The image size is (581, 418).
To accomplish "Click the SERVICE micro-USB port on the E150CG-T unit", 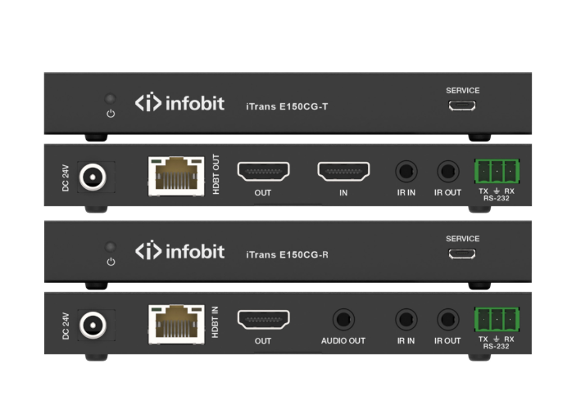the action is tap(462, 106).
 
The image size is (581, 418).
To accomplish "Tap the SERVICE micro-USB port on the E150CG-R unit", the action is tap(462, 254).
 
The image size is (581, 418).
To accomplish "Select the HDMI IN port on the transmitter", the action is tap(343, 171).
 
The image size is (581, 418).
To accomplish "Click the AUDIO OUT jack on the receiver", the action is tap(343, 319).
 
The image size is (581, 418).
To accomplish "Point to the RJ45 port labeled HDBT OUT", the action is tap(176, 176).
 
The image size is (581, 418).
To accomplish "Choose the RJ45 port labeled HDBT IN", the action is tap(176, 325).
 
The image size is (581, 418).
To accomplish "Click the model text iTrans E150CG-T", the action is tap(287, 107).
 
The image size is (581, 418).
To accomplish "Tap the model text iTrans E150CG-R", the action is tap(287, 255).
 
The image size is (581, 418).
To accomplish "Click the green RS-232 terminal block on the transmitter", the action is tap(497, 171).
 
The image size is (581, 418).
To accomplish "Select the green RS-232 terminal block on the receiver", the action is tap(497, 319).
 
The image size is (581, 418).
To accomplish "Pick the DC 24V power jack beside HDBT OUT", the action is tap(93, 177).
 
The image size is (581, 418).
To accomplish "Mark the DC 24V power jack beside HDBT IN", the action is tap(93, 325).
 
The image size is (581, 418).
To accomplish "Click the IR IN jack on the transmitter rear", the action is tap(406, 171).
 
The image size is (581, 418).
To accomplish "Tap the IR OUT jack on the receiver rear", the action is tap(447, 319).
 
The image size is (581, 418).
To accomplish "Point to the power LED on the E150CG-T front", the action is tap(111, 99).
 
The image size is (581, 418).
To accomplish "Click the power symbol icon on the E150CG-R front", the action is tap(111, 262).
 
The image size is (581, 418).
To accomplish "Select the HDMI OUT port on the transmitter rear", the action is tap(263, 171).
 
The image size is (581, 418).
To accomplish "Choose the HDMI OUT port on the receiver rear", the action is tap(263, 319).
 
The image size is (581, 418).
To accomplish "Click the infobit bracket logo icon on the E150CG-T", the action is tap(148, 102).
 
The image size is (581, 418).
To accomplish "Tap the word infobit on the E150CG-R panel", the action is tap(195, 251).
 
